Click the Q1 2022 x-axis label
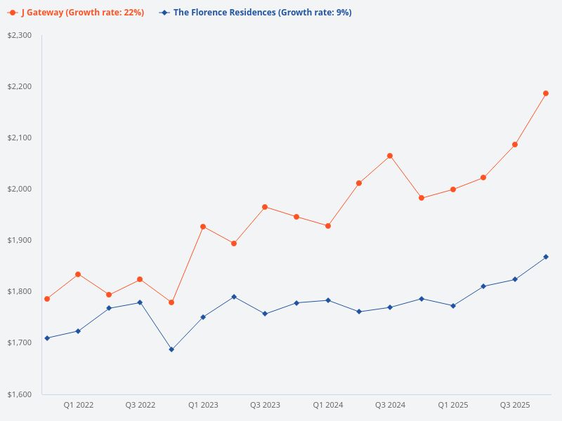[78, 405]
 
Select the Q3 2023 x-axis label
[265, 405]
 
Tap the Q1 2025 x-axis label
[452, 405]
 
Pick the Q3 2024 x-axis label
[390, 405]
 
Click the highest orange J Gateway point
[546, 93]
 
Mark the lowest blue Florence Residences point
[171, 349]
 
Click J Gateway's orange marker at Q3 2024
[390, 156]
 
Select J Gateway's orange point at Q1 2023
[203, 227]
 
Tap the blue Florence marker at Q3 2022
[140, 302]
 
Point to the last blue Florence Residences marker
[546, 257]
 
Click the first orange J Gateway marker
[47, 299]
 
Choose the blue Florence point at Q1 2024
[327, 300]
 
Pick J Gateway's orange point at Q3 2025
[515, 145]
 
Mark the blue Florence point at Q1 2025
[452, 306]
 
